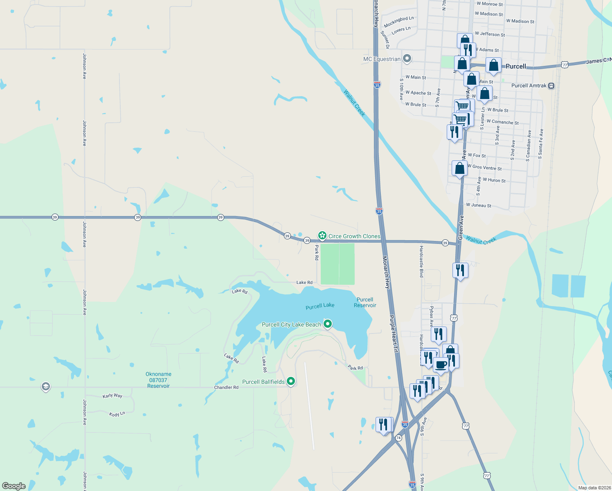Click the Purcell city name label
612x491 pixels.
pyautogui.click(x=515, y=66)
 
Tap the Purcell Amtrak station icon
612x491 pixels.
pyautogui.click(x=551, y=86)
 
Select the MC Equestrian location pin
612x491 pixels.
pyautogui.click(x=407, y=59)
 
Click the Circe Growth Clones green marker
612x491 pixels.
pyautogui.click(x=322, y=235)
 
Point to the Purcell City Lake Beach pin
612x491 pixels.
pyautogui.click(x=327, y=324)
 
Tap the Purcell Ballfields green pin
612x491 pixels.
pyautogui.click(x=291, y=381)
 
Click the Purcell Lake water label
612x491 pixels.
pyautogui.click(x=320, y=306)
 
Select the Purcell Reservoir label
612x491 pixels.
pyautogui.click(x=365, y=302)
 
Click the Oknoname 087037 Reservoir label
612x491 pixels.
pyautogui.click(x=158, y=380)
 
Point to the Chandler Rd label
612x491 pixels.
pyautogui.click(x=226, y=387)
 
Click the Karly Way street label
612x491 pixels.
pyautogui.click(x=112, y=396)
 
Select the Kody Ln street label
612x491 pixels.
pyautogui.click(x=117, y=414)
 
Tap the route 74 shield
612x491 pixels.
pyautogui.click(x=398, y=438)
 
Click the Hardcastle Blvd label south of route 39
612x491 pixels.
pyautogui.click(x=421, y=261)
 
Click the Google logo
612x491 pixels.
pyautogui.click(x=14, y=486)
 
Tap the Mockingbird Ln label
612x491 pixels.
pyautogui.click(x=399, y=21)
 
